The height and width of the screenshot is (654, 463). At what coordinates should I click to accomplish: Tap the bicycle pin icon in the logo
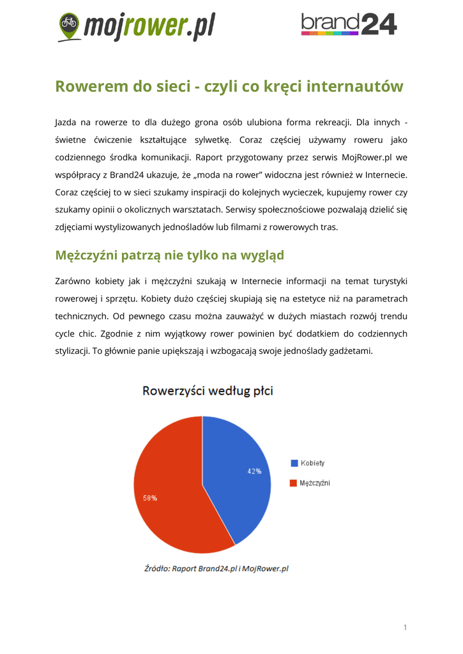[x=68, y=25]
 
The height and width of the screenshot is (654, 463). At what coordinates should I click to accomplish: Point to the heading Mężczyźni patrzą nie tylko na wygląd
[x=169, y=255]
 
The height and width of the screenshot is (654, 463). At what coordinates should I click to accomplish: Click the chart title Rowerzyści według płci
[x=208, y=390]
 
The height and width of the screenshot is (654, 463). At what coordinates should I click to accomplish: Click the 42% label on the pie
[x=254, y=471]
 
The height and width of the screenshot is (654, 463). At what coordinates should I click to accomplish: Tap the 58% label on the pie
[x=150, y=498]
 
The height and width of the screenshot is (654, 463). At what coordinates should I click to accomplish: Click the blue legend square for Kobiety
[x=294, y=463]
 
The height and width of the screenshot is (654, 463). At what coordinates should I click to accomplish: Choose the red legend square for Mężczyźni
[x=294, y=483]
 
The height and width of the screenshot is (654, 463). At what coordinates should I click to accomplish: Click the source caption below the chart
[x=216, y=568]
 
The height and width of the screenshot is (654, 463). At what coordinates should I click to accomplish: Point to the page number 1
[x=405, y=628]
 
